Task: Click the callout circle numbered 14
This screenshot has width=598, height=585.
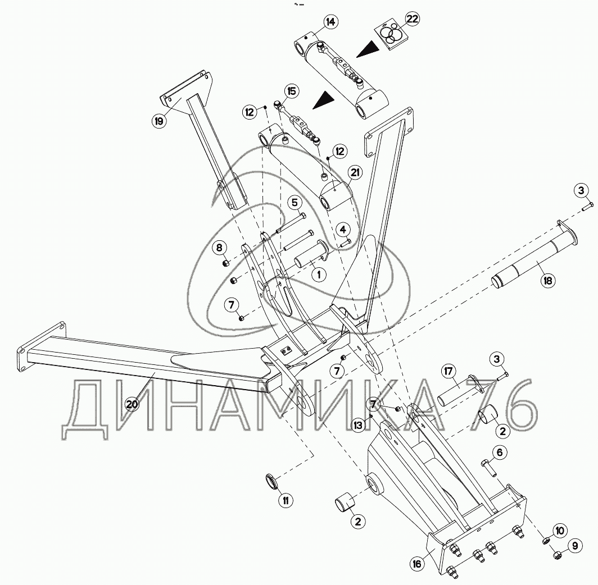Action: (x=330, y=22)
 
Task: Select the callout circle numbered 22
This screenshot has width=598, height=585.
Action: (x=413, y=19)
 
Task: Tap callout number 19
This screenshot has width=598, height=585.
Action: (x=158, y=121)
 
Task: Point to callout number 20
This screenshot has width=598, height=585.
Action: (x=132, y=404)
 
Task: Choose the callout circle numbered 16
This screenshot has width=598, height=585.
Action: (x=417, y=563)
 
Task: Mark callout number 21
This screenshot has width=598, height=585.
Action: (x=355, y=173)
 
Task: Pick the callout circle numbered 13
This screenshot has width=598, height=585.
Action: (x=357, y=424)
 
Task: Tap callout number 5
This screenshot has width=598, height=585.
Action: (x=295, y=203)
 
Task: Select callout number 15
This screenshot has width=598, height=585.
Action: (x=291, y=91)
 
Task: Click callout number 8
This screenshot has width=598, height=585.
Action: (x=219, y=248)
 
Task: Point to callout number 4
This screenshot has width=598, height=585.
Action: (x=343, y=230)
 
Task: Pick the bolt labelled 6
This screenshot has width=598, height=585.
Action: (x=489, y=468)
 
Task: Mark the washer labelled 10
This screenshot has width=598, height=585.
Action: (x=546, y=540)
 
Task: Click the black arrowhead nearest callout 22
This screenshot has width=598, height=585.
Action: (x=367, y=50)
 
